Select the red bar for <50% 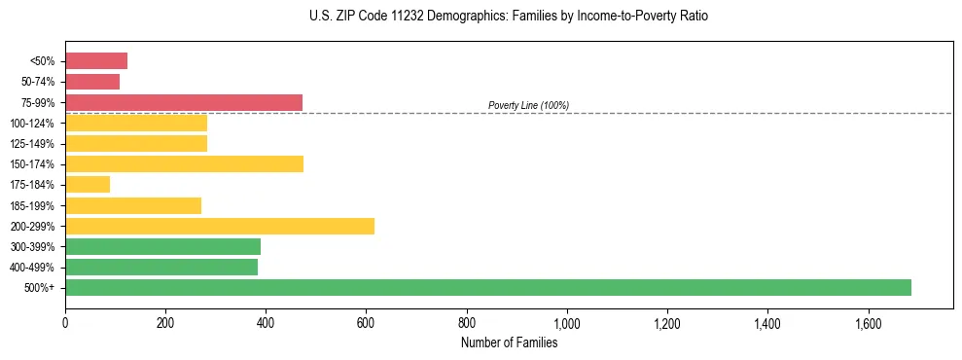[96, 61]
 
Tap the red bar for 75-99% [184, 102]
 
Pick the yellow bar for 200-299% [220, 226]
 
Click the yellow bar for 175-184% [88, 184]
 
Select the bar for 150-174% [184, 163]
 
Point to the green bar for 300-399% [162, 246]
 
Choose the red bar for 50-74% [92, 82]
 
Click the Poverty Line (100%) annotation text [528, 105]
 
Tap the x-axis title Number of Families [509, 342]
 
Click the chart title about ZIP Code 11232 [510, 17]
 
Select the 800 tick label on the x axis [467, 322]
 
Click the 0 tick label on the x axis [65, 322]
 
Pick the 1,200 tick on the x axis [667, 322]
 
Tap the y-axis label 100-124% [32, 124]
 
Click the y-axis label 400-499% [32, 268]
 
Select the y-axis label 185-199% [32, 205]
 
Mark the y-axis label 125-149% [32, 144]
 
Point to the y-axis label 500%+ [39, 288]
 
